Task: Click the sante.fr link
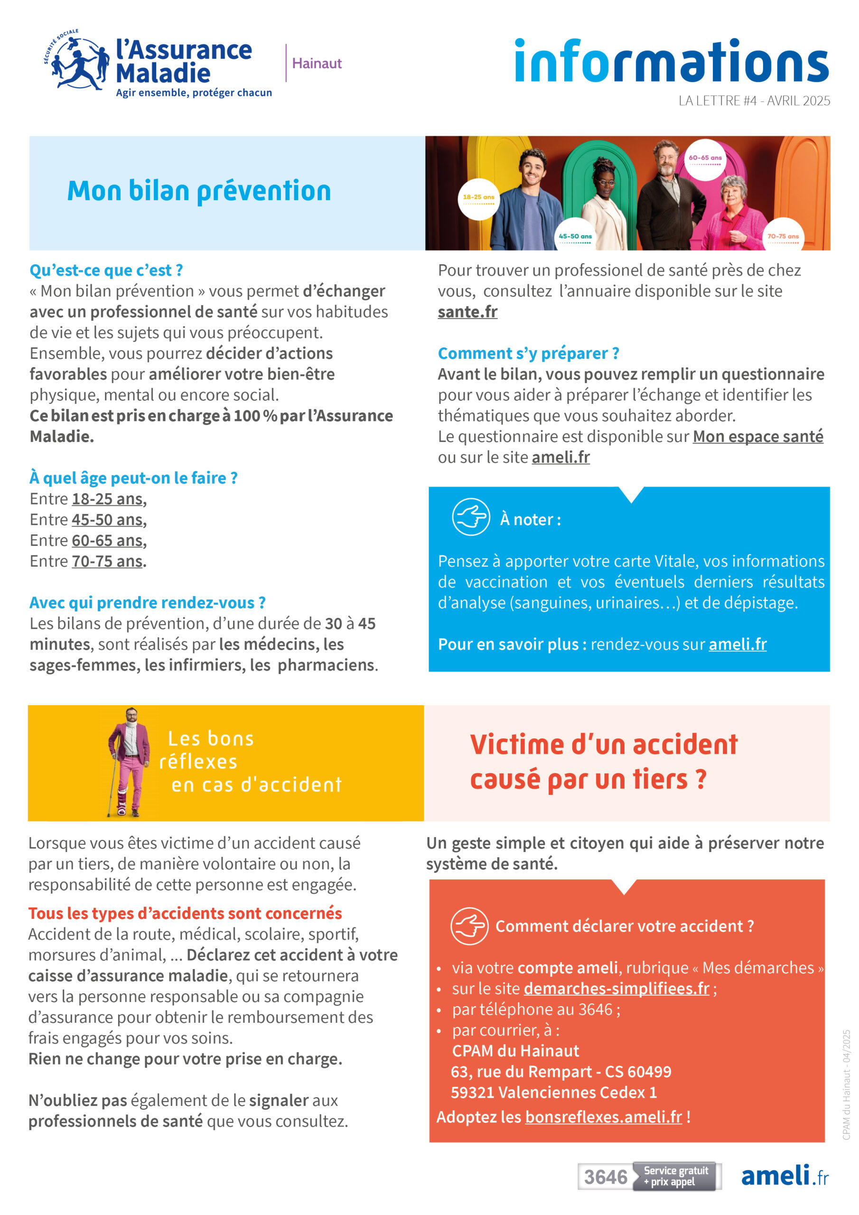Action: tap(467, 312)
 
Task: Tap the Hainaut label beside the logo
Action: tap(317, 64)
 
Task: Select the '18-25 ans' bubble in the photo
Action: tap(478, 198)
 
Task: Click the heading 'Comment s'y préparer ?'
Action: tap(528, 353)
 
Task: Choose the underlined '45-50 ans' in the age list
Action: tap(107, 520)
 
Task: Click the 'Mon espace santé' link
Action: tap(757, 436)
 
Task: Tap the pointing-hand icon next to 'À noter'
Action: tap(470, 517)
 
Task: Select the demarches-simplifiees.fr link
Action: tap(616, 988)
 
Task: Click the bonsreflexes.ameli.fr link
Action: tap(603, 1117)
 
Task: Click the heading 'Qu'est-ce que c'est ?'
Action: tap(106, 271)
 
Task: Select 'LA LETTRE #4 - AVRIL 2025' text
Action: tap(754, 101)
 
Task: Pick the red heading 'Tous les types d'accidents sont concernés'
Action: tap(185, 913)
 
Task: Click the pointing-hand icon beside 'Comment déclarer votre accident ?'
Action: tap(469, 926)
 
